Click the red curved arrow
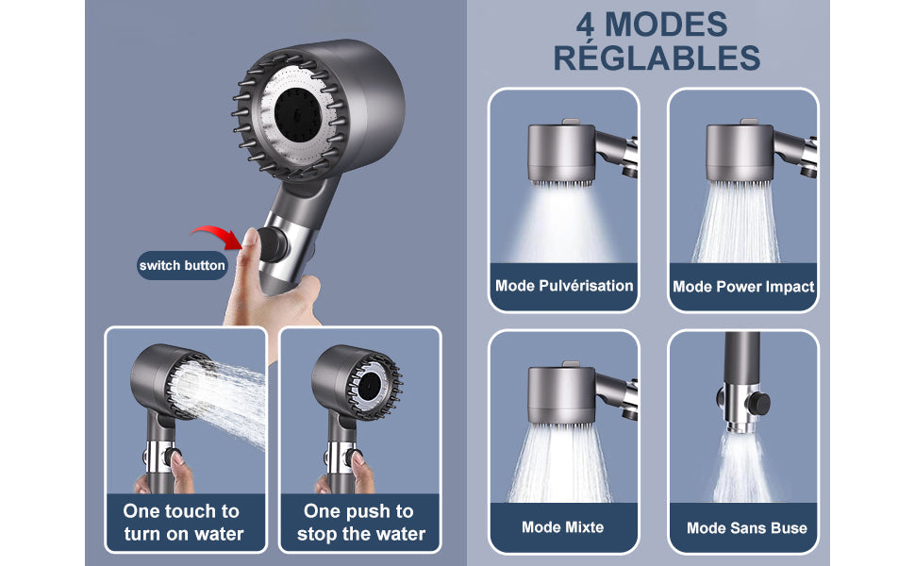217,232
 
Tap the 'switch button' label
182,265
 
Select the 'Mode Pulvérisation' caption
564,285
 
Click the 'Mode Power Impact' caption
743,287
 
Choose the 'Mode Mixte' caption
562,527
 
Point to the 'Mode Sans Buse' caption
746,528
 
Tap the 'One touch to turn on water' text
183,523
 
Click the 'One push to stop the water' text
360,523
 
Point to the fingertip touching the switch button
250,237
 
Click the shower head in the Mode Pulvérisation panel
560,153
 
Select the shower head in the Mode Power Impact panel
740,153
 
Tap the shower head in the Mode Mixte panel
560,395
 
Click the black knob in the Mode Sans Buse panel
759,403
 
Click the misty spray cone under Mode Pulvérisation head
561,225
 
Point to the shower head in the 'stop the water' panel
356,383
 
